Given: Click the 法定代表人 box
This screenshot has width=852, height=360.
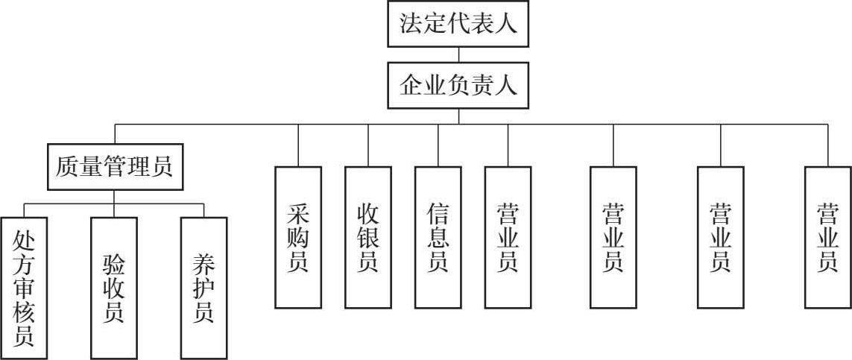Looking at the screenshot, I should (x=458, y=24).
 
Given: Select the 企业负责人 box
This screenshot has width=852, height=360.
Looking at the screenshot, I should (x=458, y=86).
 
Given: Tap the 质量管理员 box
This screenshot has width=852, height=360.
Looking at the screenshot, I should (x=114, y=165).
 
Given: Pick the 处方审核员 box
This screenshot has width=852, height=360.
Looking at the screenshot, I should (x=24, y=288).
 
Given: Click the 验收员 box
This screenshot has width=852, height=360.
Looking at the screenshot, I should (x=114, y=288).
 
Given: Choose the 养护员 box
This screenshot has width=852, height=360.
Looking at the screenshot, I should (x=203, y=288).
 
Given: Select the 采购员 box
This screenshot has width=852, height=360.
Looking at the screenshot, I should (x=298, y=237).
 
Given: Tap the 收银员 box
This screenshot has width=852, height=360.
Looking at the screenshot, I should (x=368, y=237).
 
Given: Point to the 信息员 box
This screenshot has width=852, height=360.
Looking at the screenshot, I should (x=438, y=237).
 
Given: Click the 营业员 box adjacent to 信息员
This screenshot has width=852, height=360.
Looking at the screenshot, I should (x=508, y=237).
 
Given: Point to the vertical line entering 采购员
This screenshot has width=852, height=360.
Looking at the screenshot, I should (x=298, y=145).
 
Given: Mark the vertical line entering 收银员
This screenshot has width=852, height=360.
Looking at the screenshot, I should (x=368, y=145).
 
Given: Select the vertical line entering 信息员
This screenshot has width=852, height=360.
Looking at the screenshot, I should (x=438, y=145).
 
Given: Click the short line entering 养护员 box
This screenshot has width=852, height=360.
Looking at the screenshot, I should (x=203, y=210).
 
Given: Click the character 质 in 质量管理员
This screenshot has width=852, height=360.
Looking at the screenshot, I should (x=67, y=165).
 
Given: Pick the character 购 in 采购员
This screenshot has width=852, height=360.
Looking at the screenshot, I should (x=298, y=238).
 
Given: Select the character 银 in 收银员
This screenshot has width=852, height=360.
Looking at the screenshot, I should (x=368, y=238).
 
